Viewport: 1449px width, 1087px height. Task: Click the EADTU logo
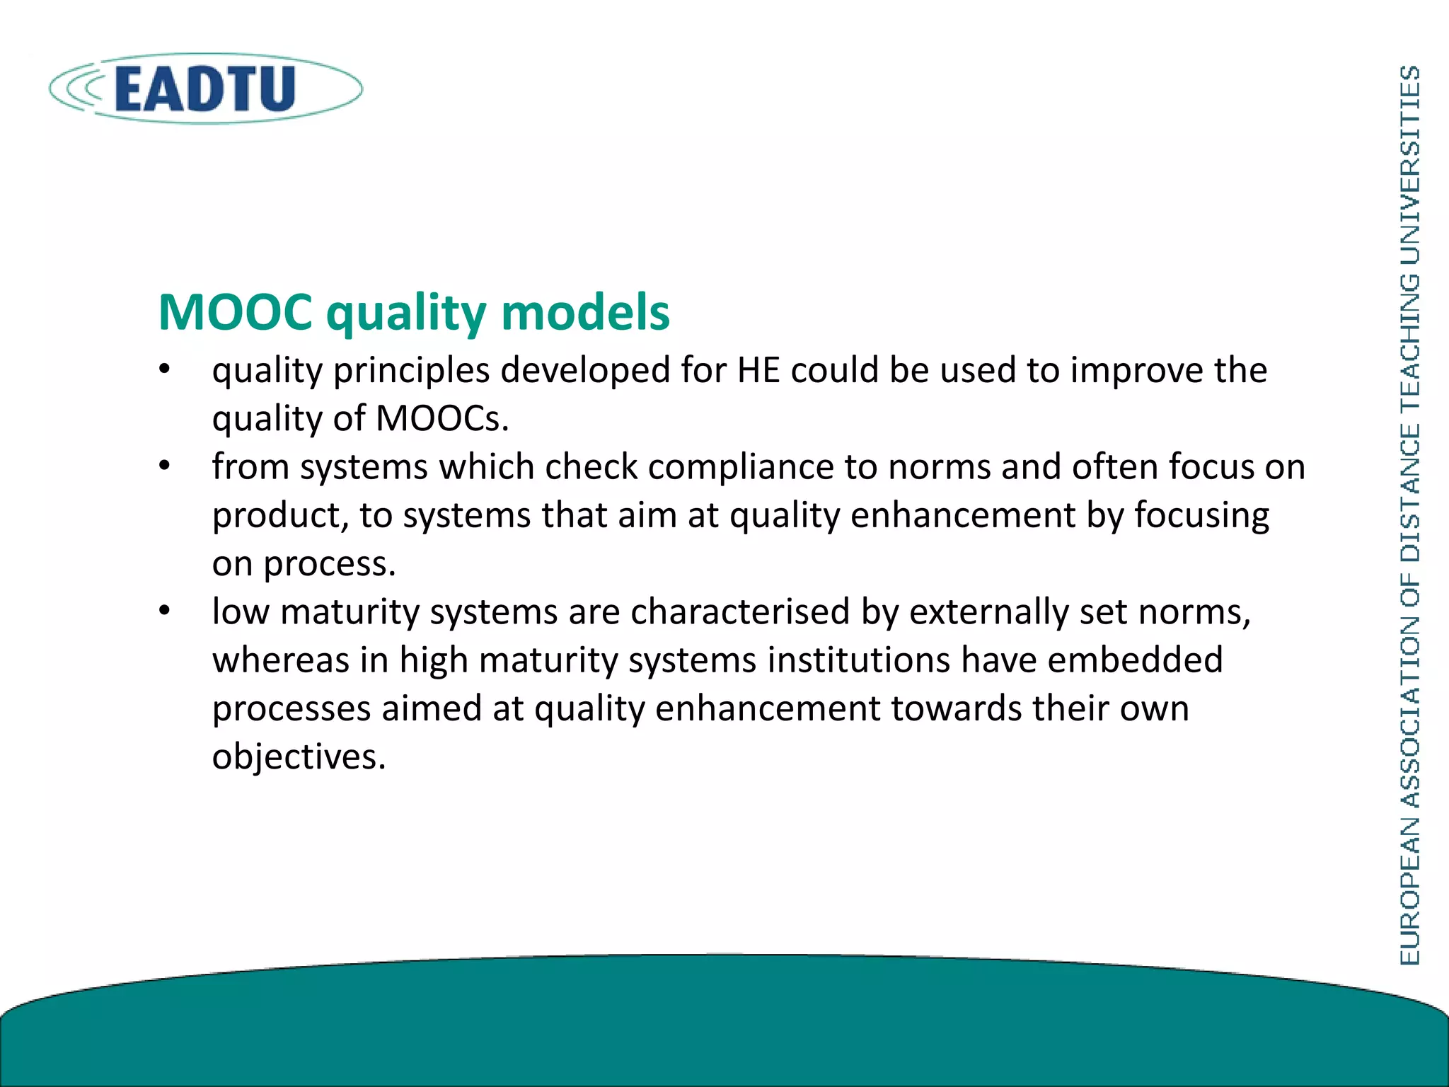click(205, 89)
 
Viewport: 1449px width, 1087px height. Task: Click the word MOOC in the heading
click(235, 312)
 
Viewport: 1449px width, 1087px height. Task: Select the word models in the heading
click(585, 312)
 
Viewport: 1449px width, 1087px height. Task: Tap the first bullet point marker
click(165, 370)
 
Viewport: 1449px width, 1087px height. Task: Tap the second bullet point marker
click(165, 466)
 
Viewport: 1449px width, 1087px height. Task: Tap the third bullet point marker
click(165, 611)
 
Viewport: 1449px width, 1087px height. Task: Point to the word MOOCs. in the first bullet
click(442, 418)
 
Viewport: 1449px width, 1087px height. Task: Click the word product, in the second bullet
click(280, 516)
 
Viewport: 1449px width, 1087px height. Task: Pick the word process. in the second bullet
click(329, 565)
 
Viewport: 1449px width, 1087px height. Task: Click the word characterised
click(740, 611)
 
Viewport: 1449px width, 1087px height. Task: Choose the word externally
click(988, 611)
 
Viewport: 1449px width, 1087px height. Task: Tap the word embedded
click(1135, 660)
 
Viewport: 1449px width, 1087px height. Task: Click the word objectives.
click(299, 757)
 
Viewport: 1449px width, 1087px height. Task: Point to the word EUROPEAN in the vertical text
click(1410, 891)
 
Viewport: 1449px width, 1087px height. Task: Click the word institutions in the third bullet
click(858, 660)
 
